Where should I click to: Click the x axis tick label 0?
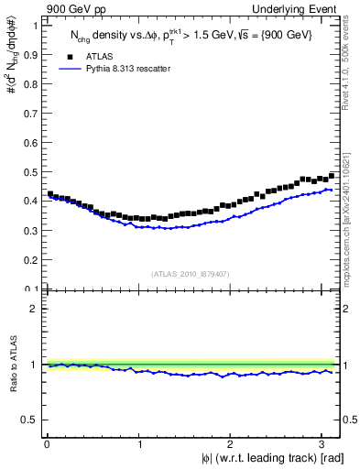click(47, 444)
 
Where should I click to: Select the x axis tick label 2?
click(230, 444)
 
